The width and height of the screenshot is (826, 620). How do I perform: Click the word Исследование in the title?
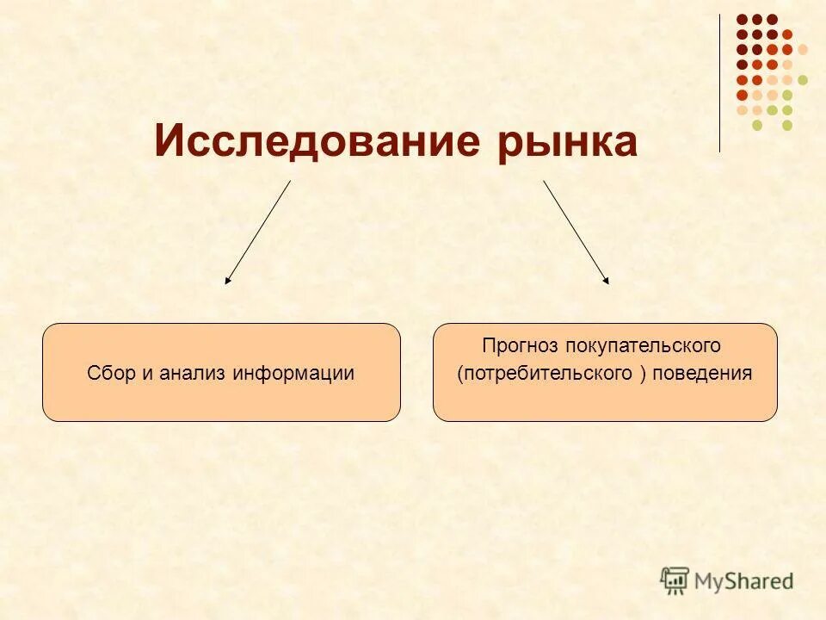point(319,140)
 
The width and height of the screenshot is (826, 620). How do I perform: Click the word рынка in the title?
point(567,142)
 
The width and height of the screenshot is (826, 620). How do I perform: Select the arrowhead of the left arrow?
point(227,280)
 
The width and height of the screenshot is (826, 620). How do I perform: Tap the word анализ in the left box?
point(193,374)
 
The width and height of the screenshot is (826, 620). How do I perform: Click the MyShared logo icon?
point(675,580)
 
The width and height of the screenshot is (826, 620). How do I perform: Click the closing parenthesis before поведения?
point(644,374)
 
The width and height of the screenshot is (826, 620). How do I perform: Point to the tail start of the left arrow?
point(290,181)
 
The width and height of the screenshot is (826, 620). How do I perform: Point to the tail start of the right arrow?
point(544,181)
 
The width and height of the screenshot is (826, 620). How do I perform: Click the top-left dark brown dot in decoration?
point(742,19)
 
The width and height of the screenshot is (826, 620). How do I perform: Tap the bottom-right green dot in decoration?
point(787,126)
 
